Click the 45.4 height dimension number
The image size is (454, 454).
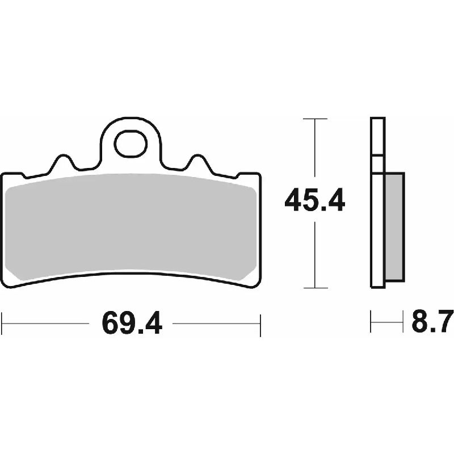point(315,200)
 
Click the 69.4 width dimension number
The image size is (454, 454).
point(132,323)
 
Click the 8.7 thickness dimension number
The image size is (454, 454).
point(432,321)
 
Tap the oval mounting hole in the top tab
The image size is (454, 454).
point(131,144)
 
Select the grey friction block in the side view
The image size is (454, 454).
point(394,226)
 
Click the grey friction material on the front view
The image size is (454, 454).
point(131,226)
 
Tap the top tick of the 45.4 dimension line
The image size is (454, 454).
point(315,119)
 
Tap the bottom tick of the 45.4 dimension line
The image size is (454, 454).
point(315,288)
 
